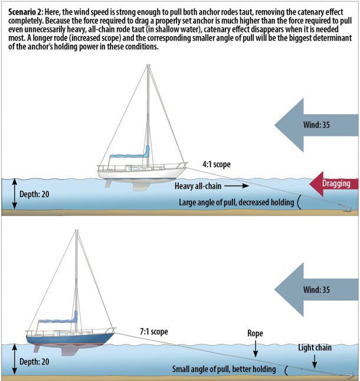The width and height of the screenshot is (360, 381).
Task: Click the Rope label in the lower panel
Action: point(256,334)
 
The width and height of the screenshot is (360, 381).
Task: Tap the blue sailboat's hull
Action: point(71,338)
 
